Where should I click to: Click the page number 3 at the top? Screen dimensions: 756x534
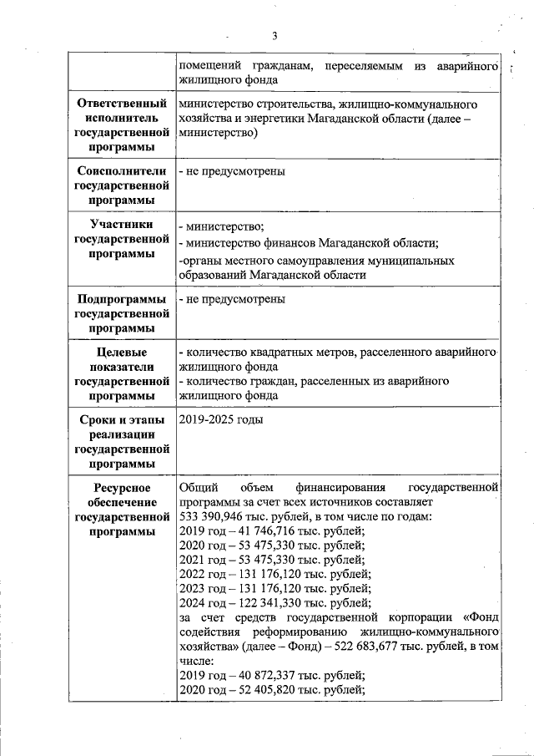click(x=274, y=35)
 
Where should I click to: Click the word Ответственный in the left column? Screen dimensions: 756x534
click(x=122, y=104)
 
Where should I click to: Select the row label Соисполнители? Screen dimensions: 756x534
click(x=122, y=171)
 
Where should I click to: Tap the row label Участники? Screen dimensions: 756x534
click(x=122, y=225)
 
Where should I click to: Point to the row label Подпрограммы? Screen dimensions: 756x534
click(x=122, y=299)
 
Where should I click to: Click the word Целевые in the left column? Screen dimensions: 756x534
click(x=123, y=353)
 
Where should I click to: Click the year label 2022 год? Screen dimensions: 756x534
click(x=203, y=574)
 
